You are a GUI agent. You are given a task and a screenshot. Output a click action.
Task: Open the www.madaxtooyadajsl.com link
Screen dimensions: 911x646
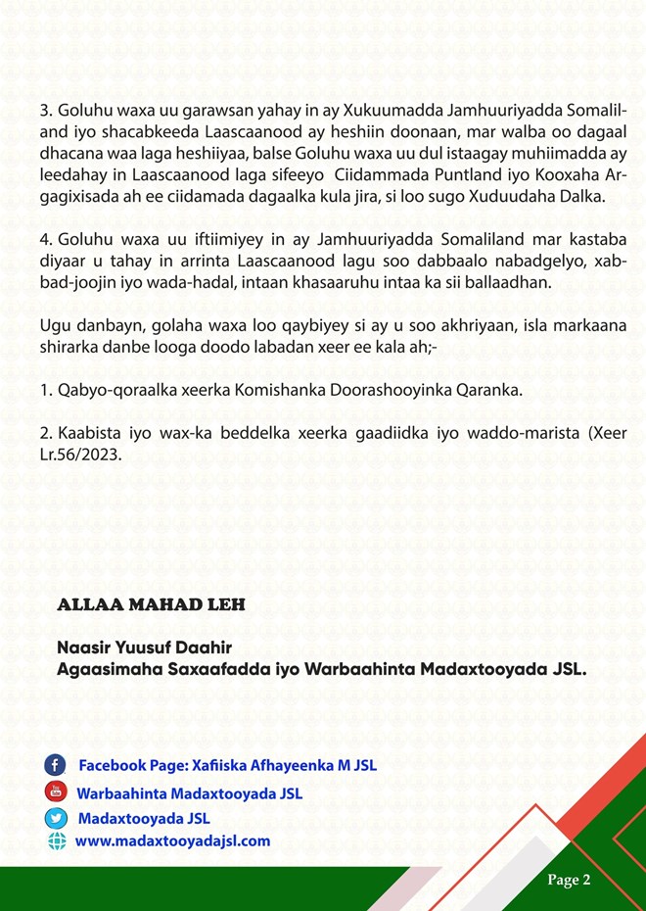[x=172, y=841]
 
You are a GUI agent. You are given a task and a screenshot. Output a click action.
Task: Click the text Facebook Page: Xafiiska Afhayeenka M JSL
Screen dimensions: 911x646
[x=227, y=765]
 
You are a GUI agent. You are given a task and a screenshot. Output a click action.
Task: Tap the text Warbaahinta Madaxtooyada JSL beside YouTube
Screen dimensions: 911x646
[x=190, y=791]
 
